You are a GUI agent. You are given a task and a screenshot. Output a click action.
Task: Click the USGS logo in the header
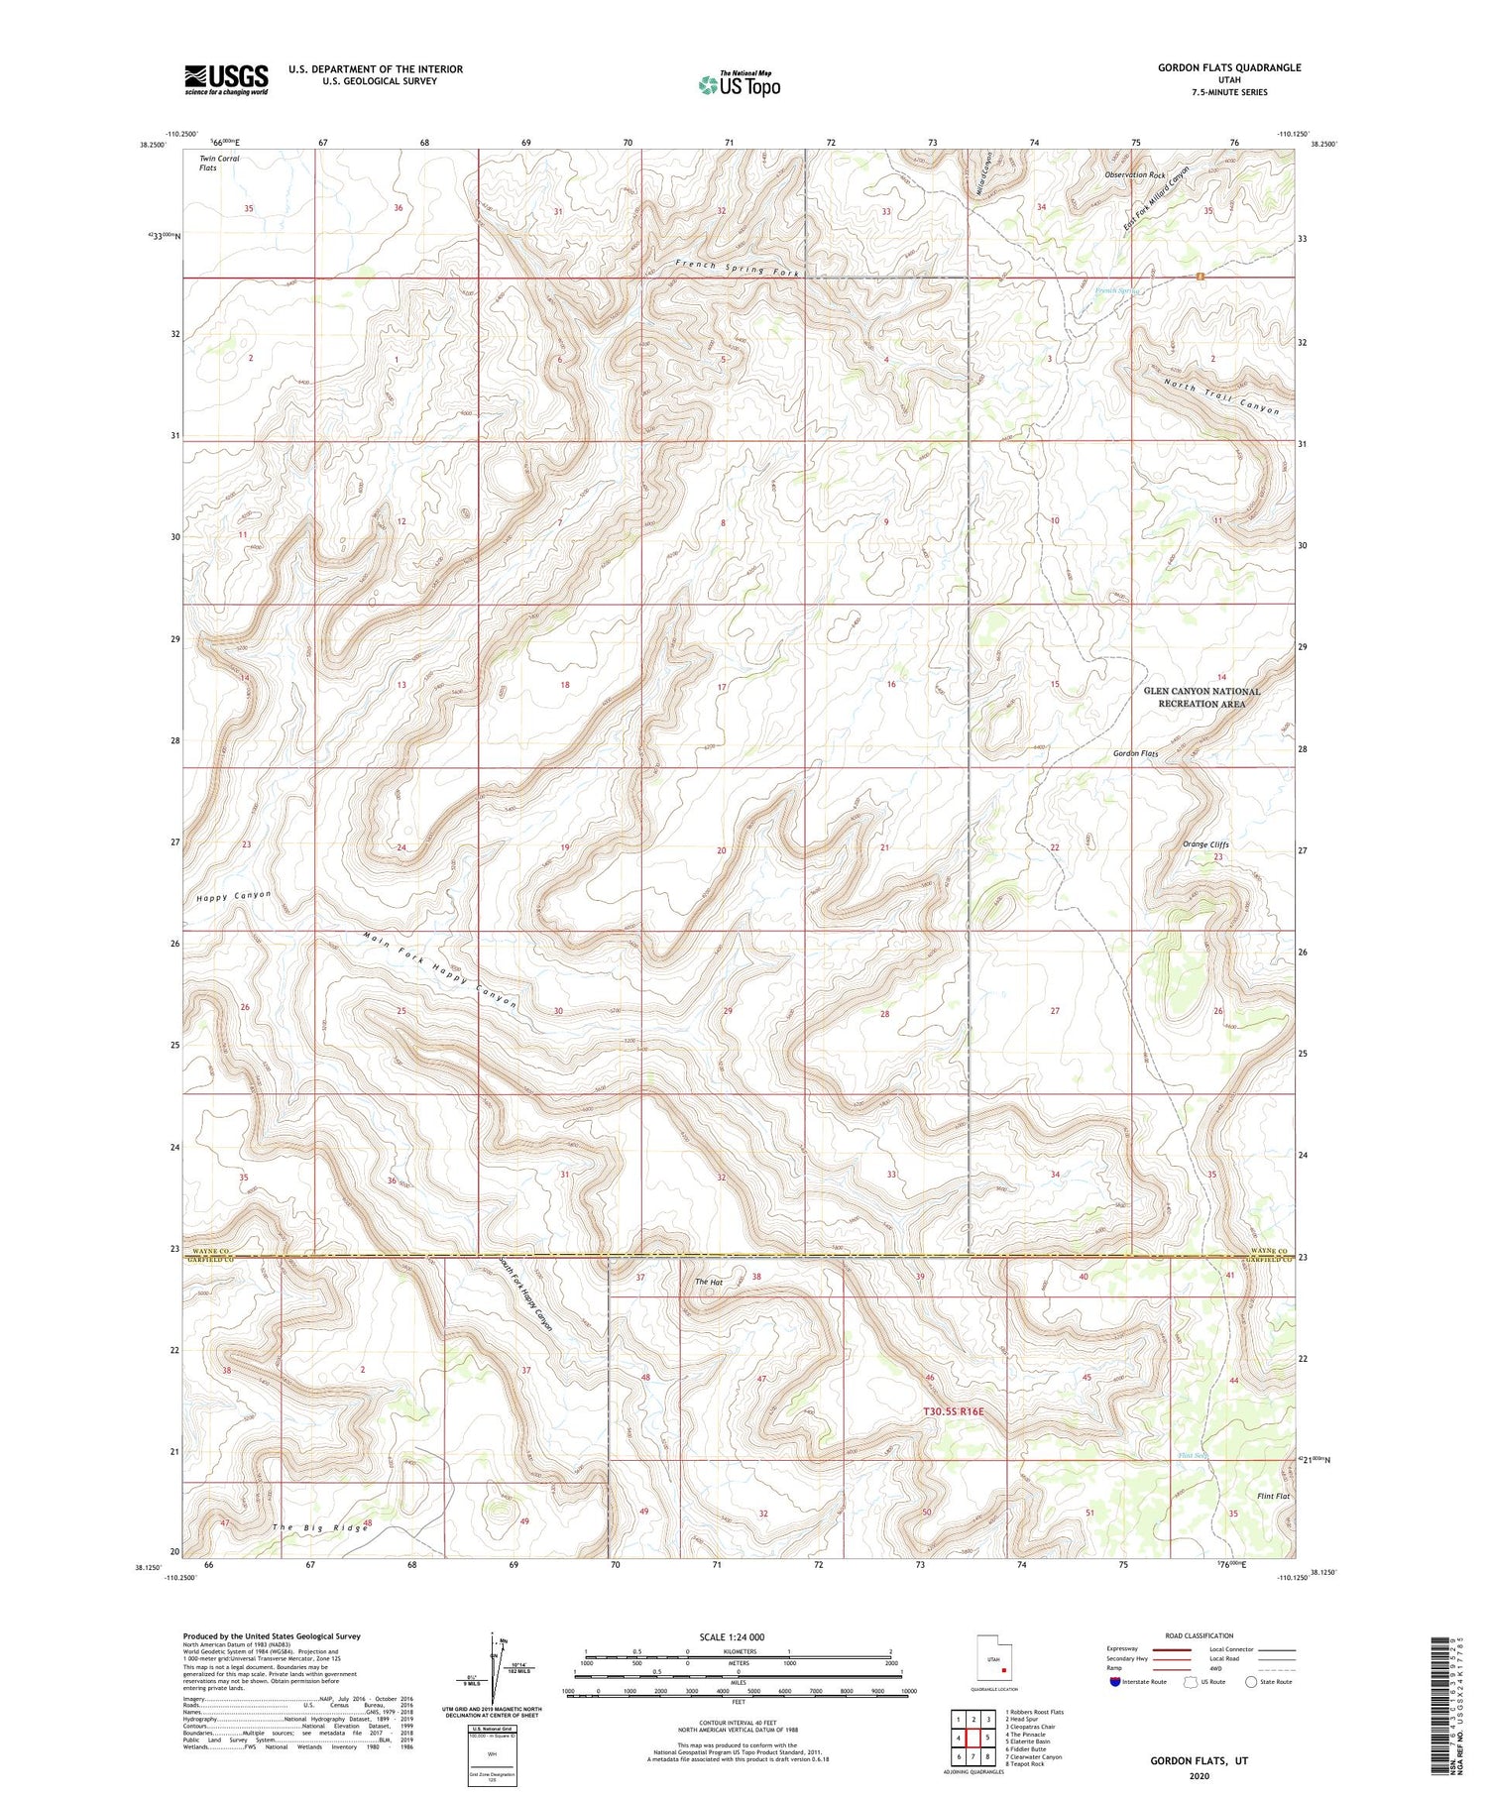(x=226, y=79)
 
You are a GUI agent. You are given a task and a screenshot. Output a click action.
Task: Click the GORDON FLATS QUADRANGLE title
(x=1228, y=67)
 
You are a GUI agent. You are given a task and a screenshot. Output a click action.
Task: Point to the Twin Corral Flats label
(x=219, y=163)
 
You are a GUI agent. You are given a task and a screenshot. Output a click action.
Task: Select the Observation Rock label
(x=1135, y=174)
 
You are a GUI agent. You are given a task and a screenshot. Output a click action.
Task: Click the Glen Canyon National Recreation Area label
(x=1201, y=697)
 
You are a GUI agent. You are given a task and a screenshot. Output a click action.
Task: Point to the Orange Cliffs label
(x=1205, y=844)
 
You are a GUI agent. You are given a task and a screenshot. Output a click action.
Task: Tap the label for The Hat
(x=708, y=1282)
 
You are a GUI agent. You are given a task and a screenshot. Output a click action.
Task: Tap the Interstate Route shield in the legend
(x=1115, y=1681)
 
